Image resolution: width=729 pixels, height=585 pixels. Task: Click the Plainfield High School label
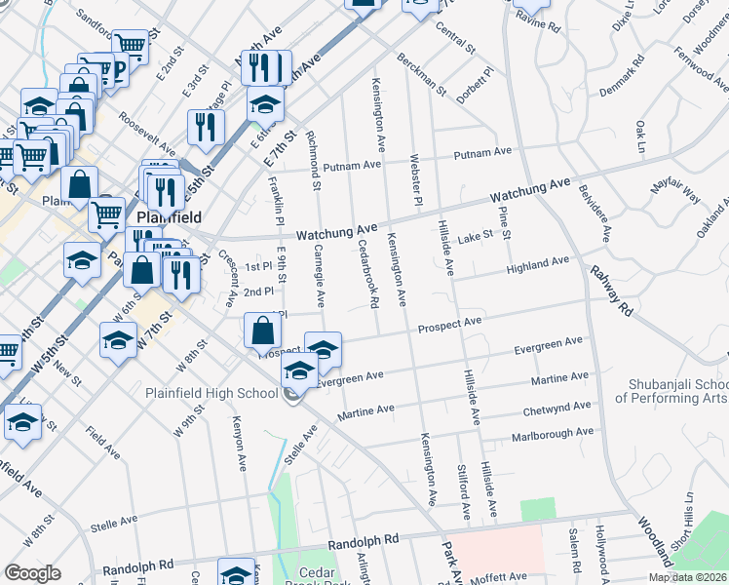click(211, 394)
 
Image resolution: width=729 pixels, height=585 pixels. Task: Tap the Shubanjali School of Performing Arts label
click(671, 390)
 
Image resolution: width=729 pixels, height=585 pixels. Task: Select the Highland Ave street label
click(536, 264)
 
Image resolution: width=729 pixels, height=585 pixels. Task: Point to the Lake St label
click(477, 237)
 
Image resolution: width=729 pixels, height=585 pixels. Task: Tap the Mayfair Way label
click(677, 191)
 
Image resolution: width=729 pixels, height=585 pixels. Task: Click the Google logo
click(32, 572)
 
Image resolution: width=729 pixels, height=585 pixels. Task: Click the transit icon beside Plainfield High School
click(291, 395)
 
